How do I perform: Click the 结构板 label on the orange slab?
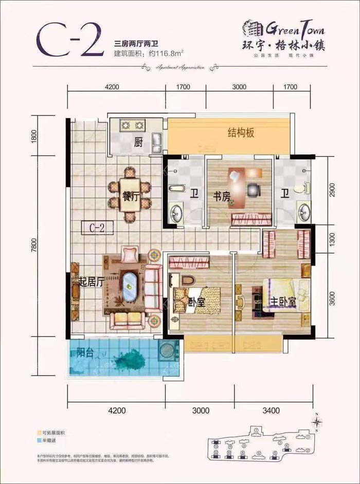pyautogui.click(x=242, y=134)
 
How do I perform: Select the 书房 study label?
pyautogui.click(x=222, y=195)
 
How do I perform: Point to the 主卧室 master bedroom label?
pyautogui.click(x=281, y=302)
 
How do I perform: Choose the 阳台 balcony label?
pyautogui.click(x=85, y=353)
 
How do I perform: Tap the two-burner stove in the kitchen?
pyautogui.click(x=131, y=125)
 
